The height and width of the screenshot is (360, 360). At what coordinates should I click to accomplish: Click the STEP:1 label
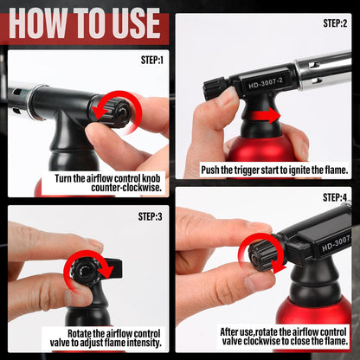tap(152, 60)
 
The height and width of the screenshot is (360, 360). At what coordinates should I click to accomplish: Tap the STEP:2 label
tap(335, 23)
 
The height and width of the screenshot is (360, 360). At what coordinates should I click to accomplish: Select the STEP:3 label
tap(150, 216)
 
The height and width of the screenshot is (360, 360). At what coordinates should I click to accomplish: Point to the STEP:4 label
tap(335, 197)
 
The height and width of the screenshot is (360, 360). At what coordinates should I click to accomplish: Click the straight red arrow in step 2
tap(266, 116)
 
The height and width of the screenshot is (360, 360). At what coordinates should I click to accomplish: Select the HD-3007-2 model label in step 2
tap(266, 83)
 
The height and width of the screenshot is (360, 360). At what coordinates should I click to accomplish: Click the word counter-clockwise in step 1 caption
tap(126, 188)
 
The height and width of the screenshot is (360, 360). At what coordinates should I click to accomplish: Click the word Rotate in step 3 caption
tap(80, 333)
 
